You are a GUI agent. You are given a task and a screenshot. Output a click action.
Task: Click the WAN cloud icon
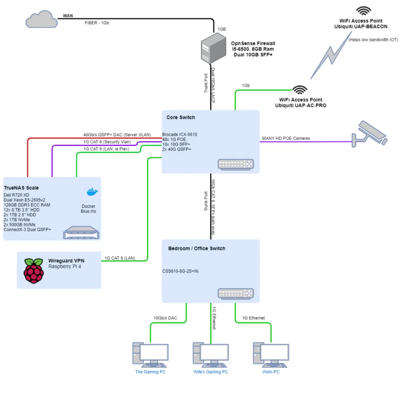[41, 19]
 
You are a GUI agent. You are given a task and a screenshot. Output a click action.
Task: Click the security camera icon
[369, 134]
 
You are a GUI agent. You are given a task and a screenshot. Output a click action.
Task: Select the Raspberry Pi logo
[34, 270]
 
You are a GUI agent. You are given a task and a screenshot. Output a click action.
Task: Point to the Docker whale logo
[92, 192]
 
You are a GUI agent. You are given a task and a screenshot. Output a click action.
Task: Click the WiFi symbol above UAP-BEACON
[364, 11]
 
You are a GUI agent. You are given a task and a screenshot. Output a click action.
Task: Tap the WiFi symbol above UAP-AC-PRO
[300, 90]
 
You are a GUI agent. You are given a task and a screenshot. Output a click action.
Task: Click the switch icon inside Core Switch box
[236, 165]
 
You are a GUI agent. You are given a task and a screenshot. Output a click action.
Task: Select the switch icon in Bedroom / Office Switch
[236, 294]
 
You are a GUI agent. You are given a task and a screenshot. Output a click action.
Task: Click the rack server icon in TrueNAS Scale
[81, 233]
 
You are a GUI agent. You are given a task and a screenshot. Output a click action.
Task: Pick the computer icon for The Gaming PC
[151, 355]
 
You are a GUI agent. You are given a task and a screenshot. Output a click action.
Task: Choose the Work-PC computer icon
[271, 355]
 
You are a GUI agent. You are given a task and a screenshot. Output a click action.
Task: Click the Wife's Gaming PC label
[211, 372]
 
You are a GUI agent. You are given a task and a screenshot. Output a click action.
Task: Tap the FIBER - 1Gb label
[97, 23]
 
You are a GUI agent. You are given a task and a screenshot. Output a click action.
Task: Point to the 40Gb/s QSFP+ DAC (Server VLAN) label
[117, 135]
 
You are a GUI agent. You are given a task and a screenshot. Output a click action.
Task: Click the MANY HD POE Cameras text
[286, 138]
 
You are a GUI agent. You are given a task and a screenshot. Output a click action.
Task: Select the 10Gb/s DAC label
[165, 318]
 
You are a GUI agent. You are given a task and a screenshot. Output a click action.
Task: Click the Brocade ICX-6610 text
[179, 134]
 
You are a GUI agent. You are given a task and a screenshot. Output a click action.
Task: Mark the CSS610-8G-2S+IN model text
[180, 271]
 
